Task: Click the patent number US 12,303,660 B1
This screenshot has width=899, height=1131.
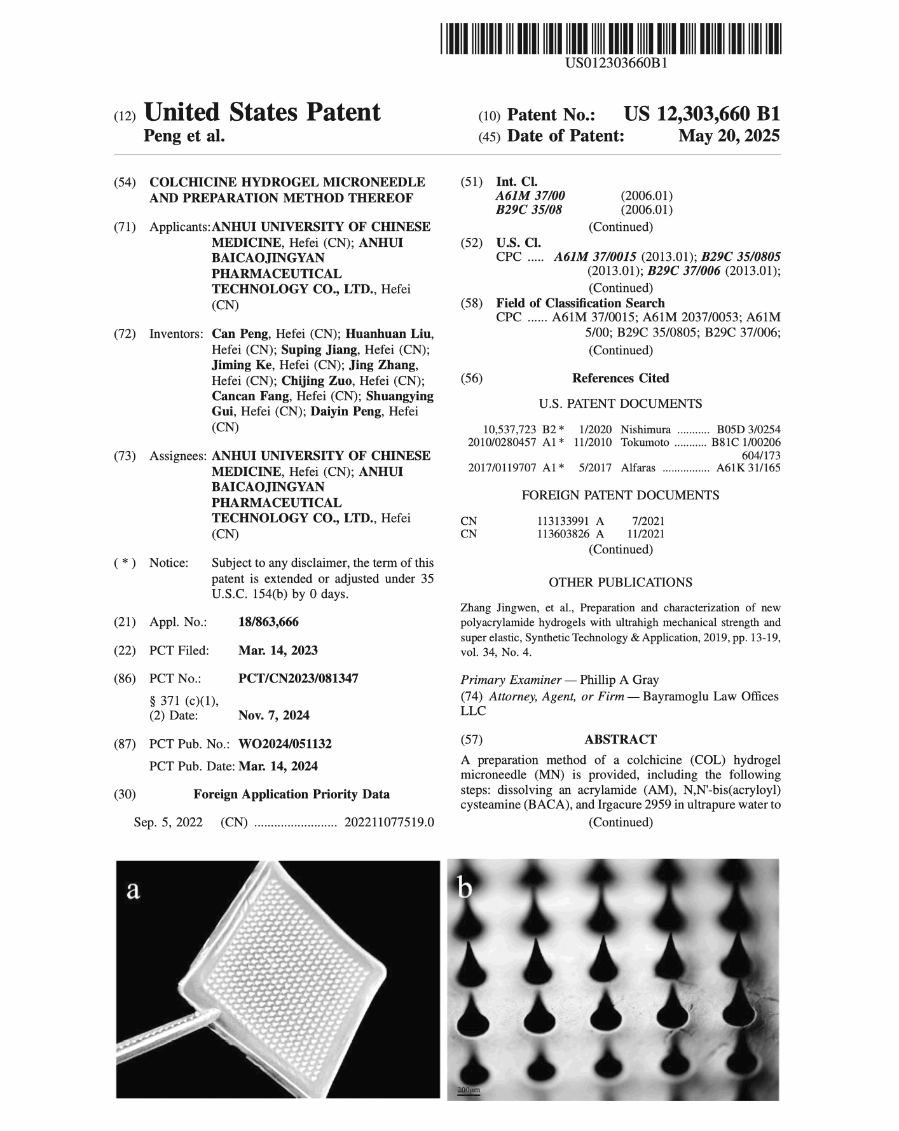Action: coord(701,114)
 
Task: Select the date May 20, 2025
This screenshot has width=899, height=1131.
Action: coord(729,136)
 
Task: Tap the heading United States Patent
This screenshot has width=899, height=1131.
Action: coord(262,113)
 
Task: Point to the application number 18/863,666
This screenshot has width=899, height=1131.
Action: coord(268,621)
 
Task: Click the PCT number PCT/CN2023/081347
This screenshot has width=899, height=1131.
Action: coord(298,679)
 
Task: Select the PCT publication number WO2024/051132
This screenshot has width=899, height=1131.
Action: coord(285,744)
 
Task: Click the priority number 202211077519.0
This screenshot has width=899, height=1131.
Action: coord(389,822)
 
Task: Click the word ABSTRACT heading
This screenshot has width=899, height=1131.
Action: coord(620,739)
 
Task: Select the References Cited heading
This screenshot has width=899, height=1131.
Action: coord(621,378)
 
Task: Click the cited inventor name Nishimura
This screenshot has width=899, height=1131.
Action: coord(645,430)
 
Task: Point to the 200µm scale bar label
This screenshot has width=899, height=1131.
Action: coord(469,1090)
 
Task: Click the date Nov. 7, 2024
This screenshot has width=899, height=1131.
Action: coord(274,715)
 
